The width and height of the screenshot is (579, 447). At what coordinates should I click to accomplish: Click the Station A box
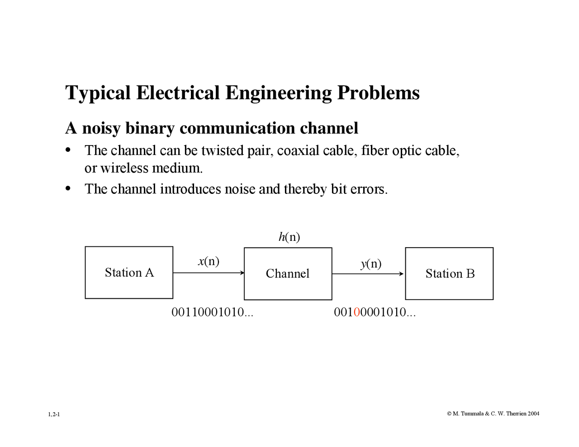click(x=129, y=273)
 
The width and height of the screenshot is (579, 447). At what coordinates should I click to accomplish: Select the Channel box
click(x=288, y=273)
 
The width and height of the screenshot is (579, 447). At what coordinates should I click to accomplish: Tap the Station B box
click(x=449, y=273)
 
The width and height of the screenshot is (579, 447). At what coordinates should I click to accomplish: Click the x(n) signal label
click(x=209, y=261)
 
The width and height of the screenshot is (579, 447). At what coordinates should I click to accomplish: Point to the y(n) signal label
click(x=371, y=263)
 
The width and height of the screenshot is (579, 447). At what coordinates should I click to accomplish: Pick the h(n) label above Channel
click(x=289, y=237)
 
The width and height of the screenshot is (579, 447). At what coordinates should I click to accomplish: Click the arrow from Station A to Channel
click(x=208, y=273)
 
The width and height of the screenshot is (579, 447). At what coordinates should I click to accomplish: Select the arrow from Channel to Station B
click(x=368, y=273)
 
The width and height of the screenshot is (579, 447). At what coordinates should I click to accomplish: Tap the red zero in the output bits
click(x=356, y=312)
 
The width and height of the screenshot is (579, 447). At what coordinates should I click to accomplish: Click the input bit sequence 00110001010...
click(x=212, y=312)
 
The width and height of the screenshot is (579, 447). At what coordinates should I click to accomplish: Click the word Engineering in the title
click(x=278, y=93)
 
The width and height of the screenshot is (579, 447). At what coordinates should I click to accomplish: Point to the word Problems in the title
click(x=378, y=93)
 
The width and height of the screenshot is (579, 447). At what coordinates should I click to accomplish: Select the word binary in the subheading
click(x=149, y=128)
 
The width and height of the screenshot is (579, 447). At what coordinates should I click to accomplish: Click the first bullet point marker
click(x=68, y=150)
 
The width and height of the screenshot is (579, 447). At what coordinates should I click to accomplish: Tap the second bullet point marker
click(x=68, y=188)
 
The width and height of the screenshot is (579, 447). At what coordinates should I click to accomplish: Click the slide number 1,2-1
click(x=54, y=414)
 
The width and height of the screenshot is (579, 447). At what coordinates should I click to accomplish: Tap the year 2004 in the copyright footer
click(x=533, y=414)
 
